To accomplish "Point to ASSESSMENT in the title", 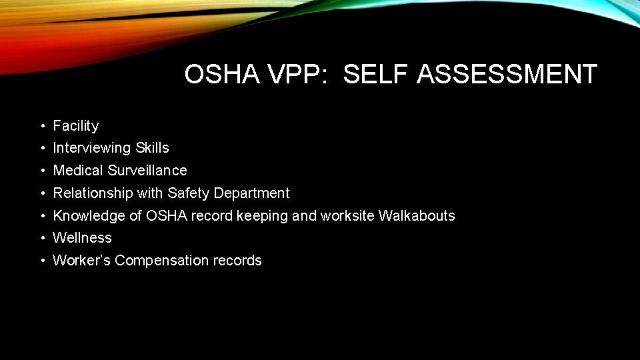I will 507,75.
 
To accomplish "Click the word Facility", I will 76,126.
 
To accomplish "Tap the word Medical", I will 79,171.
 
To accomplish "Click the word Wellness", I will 82,238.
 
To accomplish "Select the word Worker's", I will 81,261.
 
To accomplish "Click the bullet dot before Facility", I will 42,126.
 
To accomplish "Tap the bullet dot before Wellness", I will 42,238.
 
